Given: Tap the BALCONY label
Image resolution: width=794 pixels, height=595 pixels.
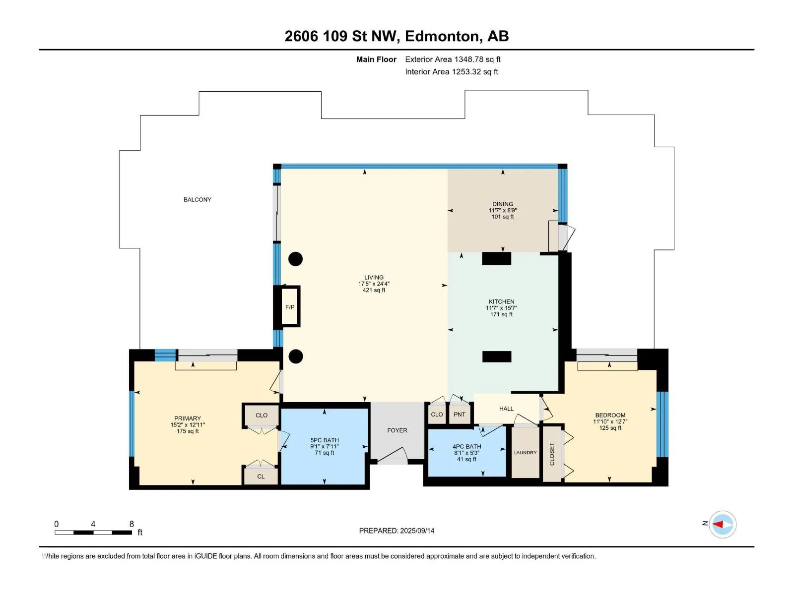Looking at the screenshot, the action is pos(197,199).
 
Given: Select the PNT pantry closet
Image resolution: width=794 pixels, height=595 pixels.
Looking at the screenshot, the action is pos(460,414).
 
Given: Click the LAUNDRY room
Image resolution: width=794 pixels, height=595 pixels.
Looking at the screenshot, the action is pos(525,452).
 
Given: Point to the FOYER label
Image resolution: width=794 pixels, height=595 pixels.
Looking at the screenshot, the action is pos(397,430).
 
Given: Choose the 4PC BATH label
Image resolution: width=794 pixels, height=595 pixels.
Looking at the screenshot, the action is pos(466,447).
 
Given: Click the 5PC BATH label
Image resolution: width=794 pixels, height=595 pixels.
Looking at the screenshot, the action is pos(325,440).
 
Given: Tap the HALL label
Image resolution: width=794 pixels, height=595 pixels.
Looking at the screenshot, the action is pos(506,409).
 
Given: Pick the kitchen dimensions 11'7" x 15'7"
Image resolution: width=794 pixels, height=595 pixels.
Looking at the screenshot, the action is pos(501,308).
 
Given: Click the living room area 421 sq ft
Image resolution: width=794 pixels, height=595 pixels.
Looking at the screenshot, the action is pos(374,290).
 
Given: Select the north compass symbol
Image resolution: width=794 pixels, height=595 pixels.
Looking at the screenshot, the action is pos(723,524).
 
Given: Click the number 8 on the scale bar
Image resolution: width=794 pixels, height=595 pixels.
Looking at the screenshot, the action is pos(132,524).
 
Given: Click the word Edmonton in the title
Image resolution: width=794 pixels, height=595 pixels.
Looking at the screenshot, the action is pos(443,37).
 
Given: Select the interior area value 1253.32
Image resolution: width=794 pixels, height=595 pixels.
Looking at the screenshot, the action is pos(466,71).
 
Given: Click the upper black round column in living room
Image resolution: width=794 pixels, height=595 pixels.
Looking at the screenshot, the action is pos(296,259).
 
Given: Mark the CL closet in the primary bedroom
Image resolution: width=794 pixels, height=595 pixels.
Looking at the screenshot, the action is pos(261,476).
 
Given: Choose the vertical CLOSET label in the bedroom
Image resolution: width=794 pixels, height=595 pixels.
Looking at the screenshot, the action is pos(552,454).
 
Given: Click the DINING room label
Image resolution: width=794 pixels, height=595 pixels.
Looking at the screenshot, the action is pos(502,204).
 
